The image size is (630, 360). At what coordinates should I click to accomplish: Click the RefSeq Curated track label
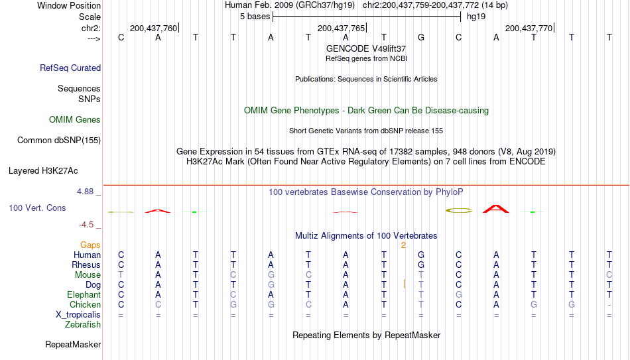[x=70, y=68]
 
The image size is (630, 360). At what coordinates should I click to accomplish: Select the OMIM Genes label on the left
[x=75, y=120]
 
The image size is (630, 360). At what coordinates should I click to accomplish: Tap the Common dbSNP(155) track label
[x=59, y=141]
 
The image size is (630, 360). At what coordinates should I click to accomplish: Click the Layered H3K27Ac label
[x=43, y=171]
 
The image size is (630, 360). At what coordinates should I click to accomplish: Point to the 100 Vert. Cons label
[x=37, y=208]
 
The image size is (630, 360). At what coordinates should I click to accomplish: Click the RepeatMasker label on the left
[x=73, y=344]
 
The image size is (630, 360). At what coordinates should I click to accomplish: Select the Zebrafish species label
[x=83, y=324]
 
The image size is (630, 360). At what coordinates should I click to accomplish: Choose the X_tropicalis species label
[x=78, y=315]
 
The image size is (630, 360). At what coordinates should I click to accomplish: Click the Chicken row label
[x=85, y=304]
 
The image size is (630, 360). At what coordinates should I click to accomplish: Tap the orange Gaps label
[x=90, y=245]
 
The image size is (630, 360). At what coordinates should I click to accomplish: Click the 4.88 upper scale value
[x=85, y=192]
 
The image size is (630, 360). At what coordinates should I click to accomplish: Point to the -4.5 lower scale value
[x=86, y=225]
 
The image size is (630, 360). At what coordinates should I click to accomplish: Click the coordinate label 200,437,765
[x=341, y=28]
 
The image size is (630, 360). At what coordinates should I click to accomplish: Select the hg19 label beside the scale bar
[x=476, y=17]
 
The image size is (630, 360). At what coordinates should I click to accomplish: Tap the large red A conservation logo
[x=496, y=209]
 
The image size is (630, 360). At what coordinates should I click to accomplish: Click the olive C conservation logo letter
[x=459, y=210]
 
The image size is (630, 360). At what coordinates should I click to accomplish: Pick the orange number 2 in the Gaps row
[x=403, y=245]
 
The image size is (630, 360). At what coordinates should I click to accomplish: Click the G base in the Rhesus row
[x=421, y=265]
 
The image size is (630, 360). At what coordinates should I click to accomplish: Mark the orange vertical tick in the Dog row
[x=404, y=284]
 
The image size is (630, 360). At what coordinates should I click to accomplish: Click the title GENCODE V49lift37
[x=366, y=48]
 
